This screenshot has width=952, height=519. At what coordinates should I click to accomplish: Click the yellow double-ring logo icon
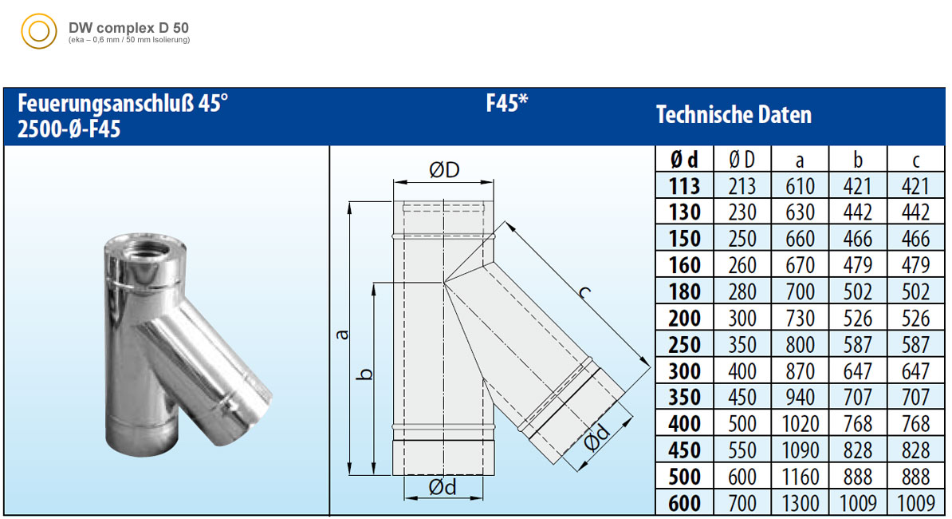(x=39, y=32)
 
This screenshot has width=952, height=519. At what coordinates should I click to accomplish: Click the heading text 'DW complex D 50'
(x=128, y=28)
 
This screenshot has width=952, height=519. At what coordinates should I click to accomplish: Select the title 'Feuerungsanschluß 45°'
(x=123, y=103)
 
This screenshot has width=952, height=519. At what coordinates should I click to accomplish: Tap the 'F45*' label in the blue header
(x=507, y=103)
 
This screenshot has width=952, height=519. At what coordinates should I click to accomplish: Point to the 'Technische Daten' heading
(x=734, y=115)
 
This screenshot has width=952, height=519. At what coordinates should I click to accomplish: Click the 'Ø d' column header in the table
(x=684, y=160)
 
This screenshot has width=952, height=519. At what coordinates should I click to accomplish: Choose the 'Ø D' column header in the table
(x=742, y=160)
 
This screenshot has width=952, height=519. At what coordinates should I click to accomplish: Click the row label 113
(x=684, y=186)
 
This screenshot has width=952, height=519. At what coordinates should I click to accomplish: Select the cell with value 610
(x=800, y=186)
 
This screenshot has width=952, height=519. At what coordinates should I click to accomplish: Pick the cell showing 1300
(x=799, y=503)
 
